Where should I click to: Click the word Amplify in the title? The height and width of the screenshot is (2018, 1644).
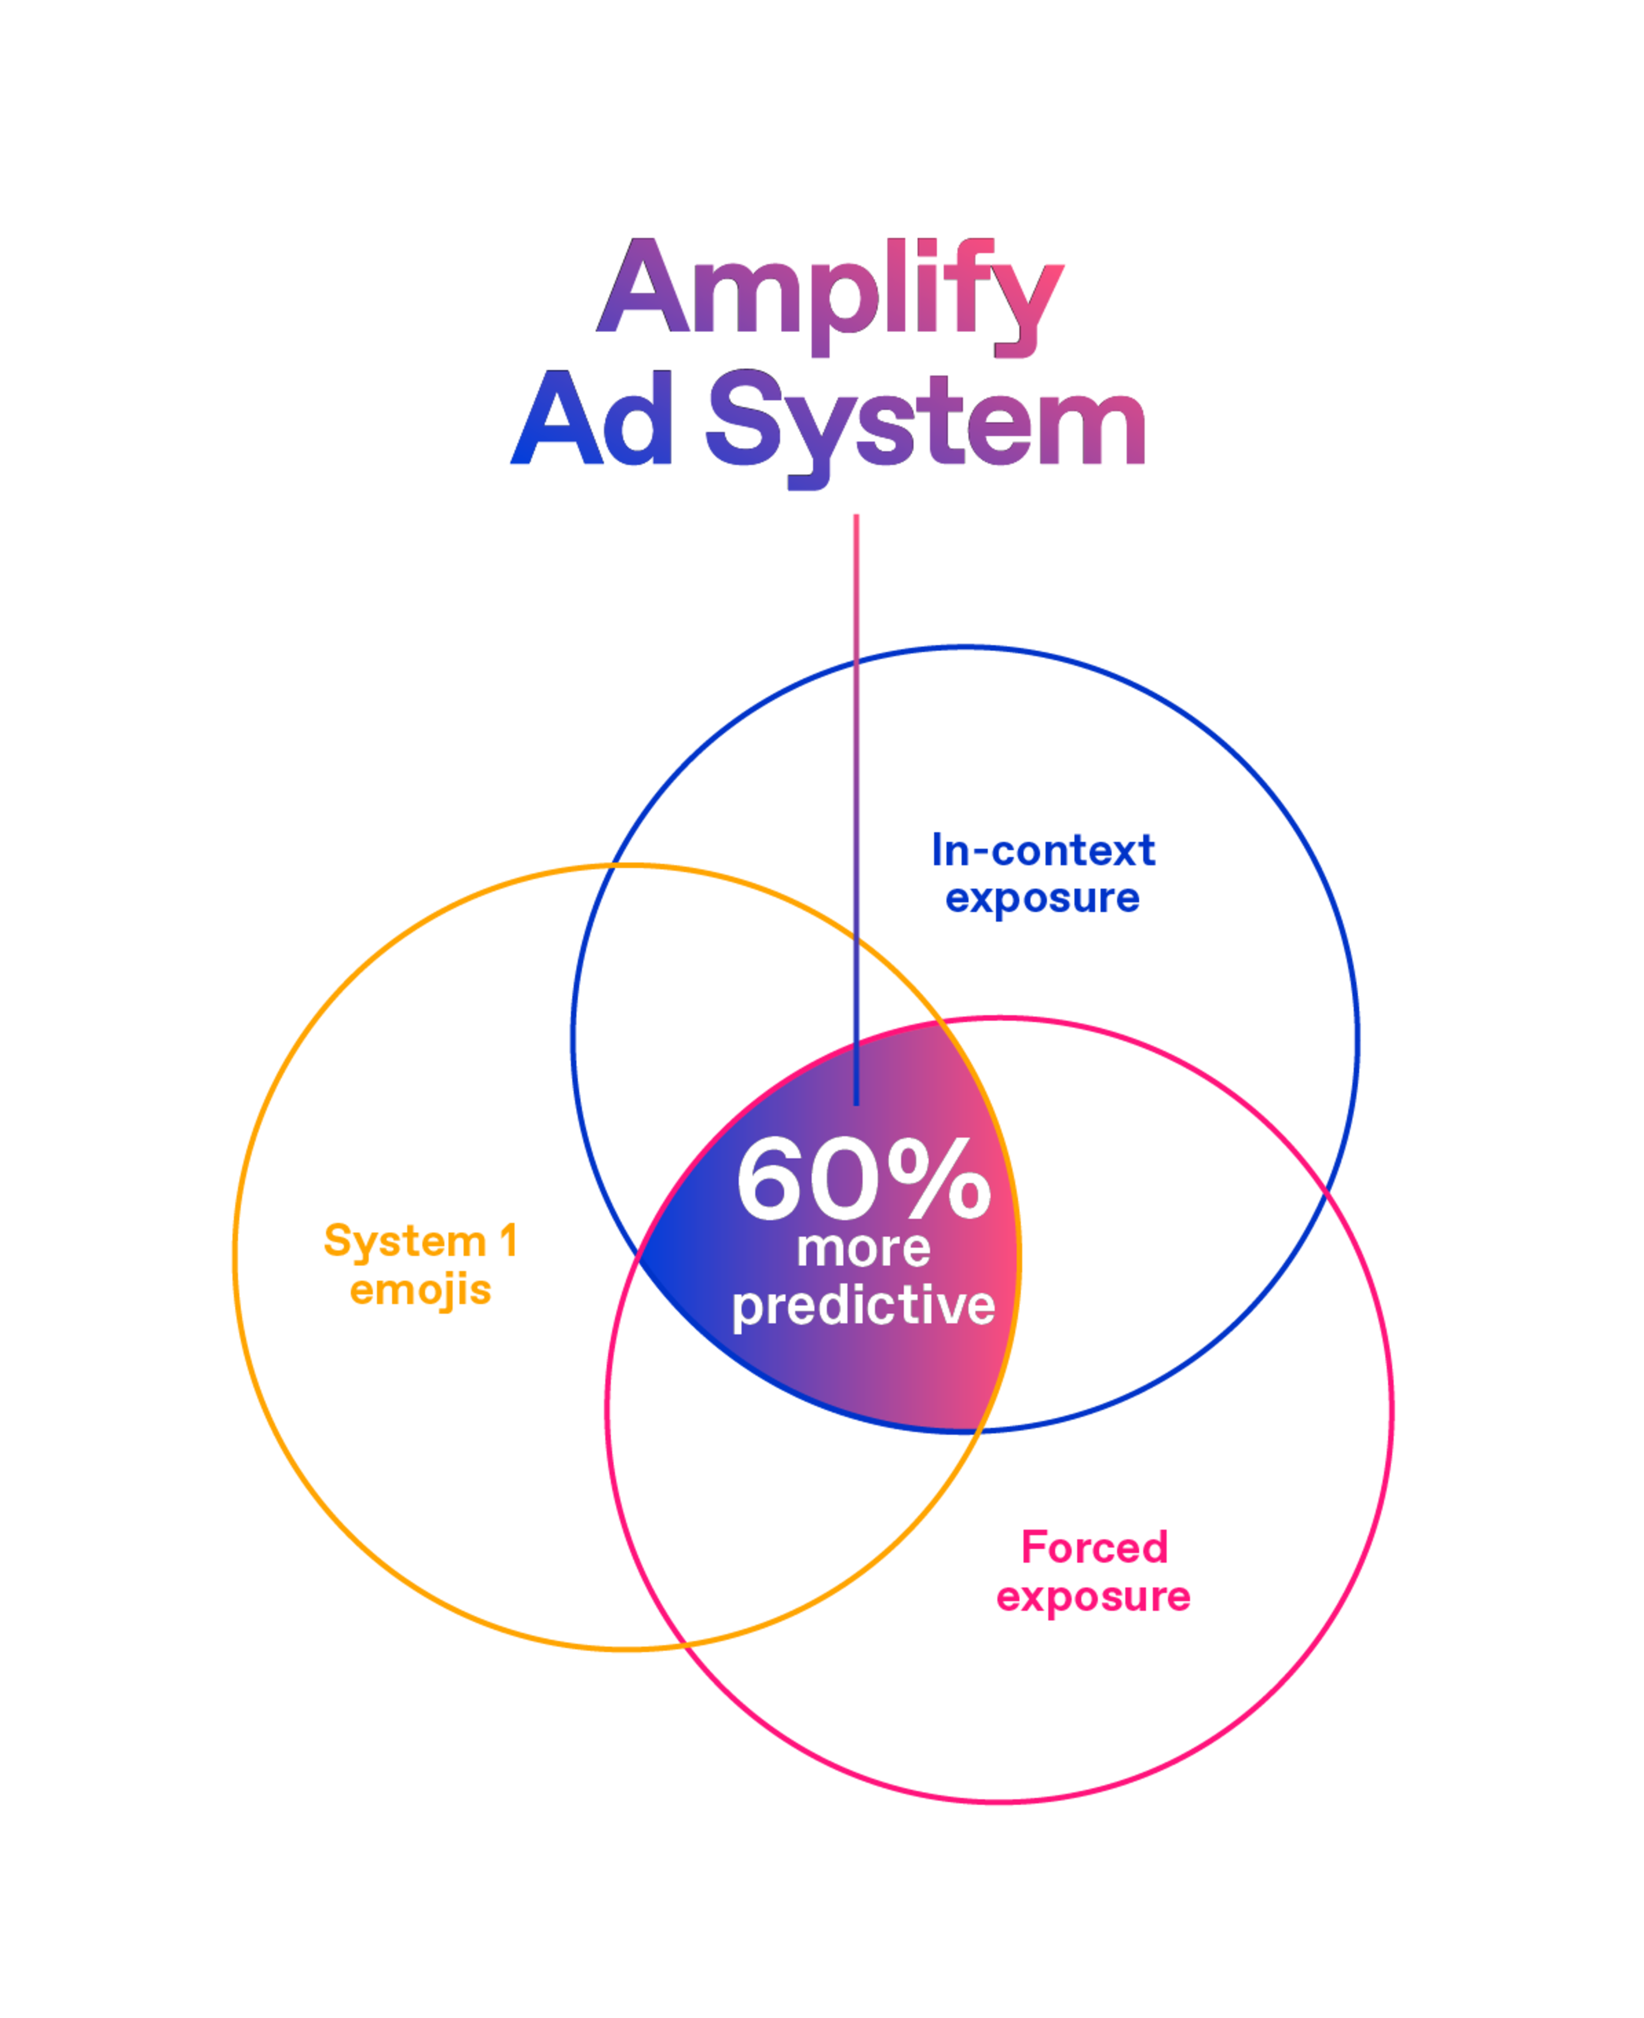point(831,289)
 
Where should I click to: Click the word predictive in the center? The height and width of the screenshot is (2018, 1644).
point(864,1307)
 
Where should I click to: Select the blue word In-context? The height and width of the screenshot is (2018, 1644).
point(1044,850)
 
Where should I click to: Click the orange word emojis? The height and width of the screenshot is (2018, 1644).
point(420,1290)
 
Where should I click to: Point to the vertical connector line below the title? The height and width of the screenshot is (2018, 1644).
point(856,758)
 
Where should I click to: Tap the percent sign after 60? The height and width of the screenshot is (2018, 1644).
point(940,1179)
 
